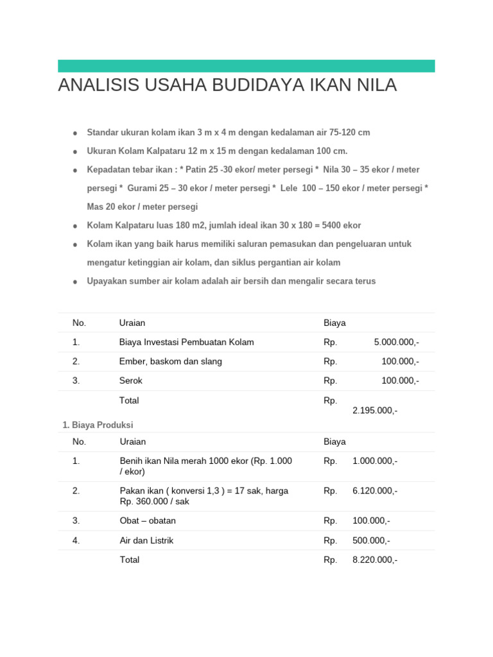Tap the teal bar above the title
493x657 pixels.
click(x=246, y=66)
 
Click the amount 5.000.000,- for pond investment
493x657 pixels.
click(x=396, y=342)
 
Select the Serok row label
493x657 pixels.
click(x=131, y=380)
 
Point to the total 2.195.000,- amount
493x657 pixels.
click(x=375, y=411)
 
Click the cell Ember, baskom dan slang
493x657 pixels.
click(x=170, y=361)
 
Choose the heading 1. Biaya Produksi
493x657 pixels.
click(x=98, y=425)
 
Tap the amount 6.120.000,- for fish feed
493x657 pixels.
click(x=375, y=491)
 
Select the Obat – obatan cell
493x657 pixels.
click(x=148, y=520)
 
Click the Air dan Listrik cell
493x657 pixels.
click(x=146, y=540)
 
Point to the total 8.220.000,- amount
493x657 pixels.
click(x=375, y=559)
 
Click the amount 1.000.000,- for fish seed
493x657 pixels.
click(x=375, y=461)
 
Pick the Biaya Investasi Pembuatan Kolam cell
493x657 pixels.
click(x=186, y=342)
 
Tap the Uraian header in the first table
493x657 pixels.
click(x=132, y=323)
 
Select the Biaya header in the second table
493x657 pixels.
click(x=334, y=441)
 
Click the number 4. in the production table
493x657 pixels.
click(x=76, y=540)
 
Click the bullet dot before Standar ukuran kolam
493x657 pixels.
click(x=75, y=133)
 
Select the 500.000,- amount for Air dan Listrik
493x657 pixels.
click(x=371, y=540)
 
